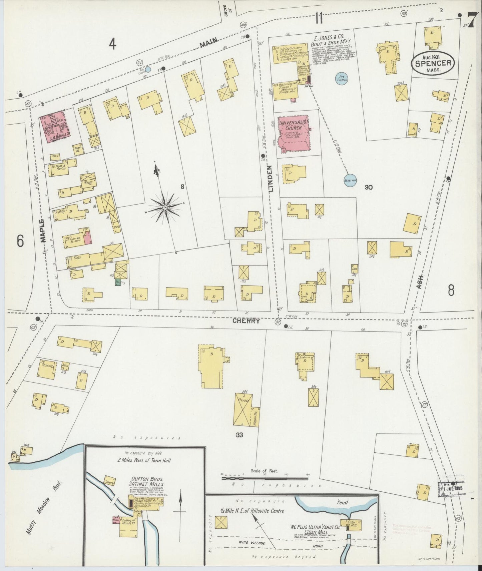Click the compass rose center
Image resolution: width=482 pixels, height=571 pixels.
point(165,208)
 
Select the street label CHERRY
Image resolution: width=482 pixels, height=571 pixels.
point(246,321)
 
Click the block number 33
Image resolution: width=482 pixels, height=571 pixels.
point(239,435)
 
